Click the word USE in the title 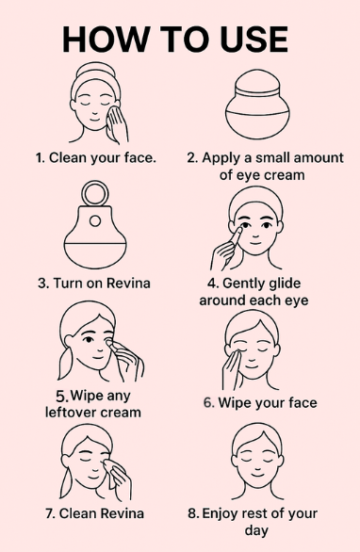[x=254, y=39]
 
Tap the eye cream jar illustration [x=257, y=105]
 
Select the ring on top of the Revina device [x=95, y=193]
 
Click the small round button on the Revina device [x=95, y=221]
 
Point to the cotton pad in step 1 [x=113, y=117]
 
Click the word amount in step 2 [x=319, y=157]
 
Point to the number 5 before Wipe [x=62, y=397]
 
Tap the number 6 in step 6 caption [x=209, y=403]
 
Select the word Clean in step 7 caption [x=75, y=513]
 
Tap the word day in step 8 [x=256, y=531]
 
